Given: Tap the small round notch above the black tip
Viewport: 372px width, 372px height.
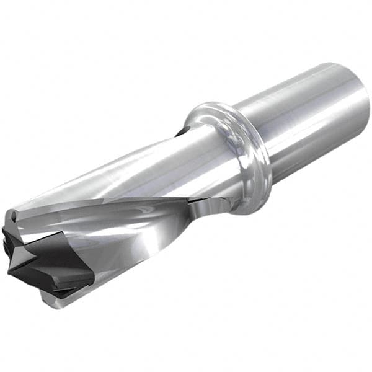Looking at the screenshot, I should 14,216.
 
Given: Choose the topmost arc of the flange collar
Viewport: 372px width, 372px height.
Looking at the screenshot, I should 211,105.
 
